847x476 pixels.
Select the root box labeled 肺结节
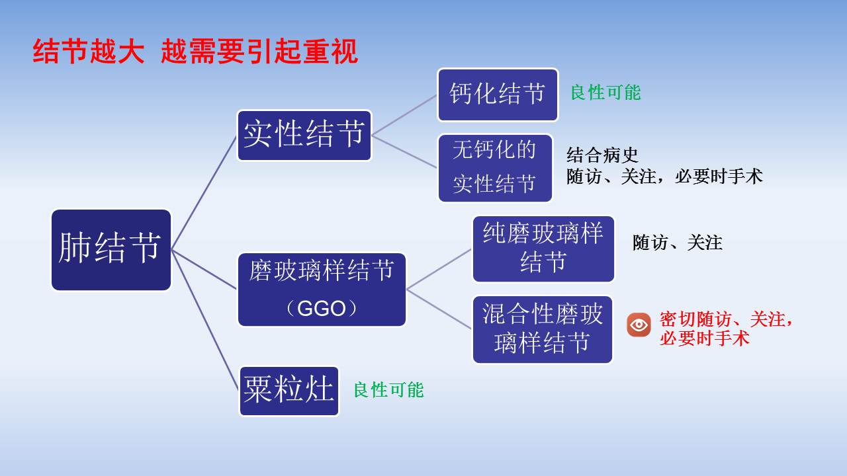pyautogui.click(x=111, y=250)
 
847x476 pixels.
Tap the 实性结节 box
pyautogui.click(x=304, y=135)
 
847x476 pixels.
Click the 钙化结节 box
pyautogui.click(x=498, y=95)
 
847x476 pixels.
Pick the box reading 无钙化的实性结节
pyautogui.click(x=495, y=168)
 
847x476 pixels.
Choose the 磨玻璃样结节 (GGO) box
pyautogui.click(x=322, y=289)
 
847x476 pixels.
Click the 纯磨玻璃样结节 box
pyautogui.click(x=543, y=249)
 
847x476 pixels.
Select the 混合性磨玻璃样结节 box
pyautogui.click(x=543, y=329)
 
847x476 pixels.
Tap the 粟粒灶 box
pyautogui.click(x=289, y=391)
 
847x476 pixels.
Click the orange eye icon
pyautogui.click(x=639, y=325)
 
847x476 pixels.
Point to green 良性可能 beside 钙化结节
pyautogui.click(x=605, y=93)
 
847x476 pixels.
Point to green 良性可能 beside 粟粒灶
pyautogui.click(x=388, y=390)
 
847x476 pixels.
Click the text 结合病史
pyautogui.click(x=602, y=155)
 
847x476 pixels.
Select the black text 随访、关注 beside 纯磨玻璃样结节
pyautogui.click(x=677, y=243)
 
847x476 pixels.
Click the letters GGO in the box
pyautogui.click(x=322, y=309)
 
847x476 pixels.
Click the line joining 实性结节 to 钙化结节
pyautogui.click(x=404, y=115)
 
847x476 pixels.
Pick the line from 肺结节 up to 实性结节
pyautogui.click(x=204, y=192)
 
